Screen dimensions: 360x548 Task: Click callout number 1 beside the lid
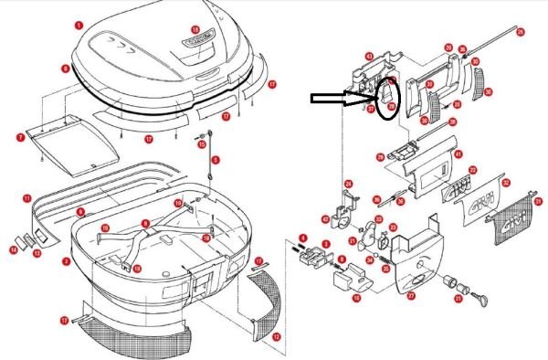79,26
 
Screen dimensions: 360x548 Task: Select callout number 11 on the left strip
27,197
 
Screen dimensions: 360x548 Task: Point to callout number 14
14,249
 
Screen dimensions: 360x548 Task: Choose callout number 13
37,253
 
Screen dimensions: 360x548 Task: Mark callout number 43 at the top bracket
369,56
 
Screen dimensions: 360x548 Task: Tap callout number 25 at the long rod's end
521,32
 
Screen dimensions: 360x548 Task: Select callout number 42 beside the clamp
325,219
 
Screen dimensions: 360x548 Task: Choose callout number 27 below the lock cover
410,295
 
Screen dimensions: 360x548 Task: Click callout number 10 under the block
357,297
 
